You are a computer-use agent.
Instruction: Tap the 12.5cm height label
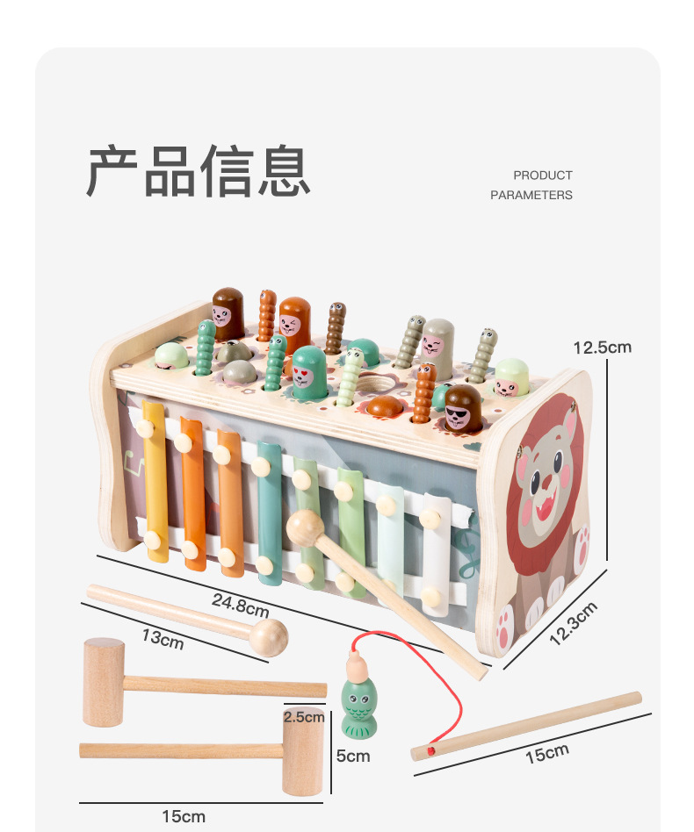[602, 347]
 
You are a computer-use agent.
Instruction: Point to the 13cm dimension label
[163, 638]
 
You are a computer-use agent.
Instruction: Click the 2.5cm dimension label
[304, 717]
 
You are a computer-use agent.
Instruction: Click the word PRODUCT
[542, 176]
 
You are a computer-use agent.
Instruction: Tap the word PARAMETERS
[531, 195]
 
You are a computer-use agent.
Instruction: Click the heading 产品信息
[199, 171]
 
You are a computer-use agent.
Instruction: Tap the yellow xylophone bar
[155, 482]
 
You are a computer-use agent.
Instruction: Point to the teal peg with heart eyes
[308, 374]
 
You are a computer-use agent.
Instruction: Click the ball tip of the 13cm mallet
[270, 637]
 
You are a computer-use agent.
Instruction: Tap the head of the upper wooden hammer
[104, 683]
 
